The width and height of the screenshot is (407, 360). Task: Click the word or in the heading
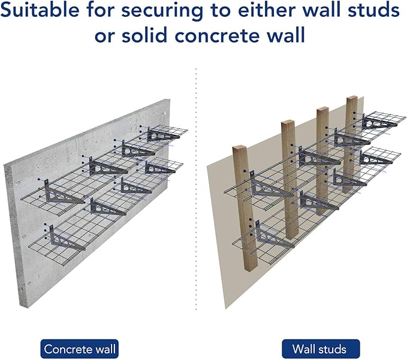coord(105,35)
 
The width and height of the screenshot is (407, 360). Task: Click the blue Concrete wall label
coord(79,348)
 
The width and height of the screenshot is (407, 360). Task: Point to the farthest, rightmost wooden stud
coord(351,138)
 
